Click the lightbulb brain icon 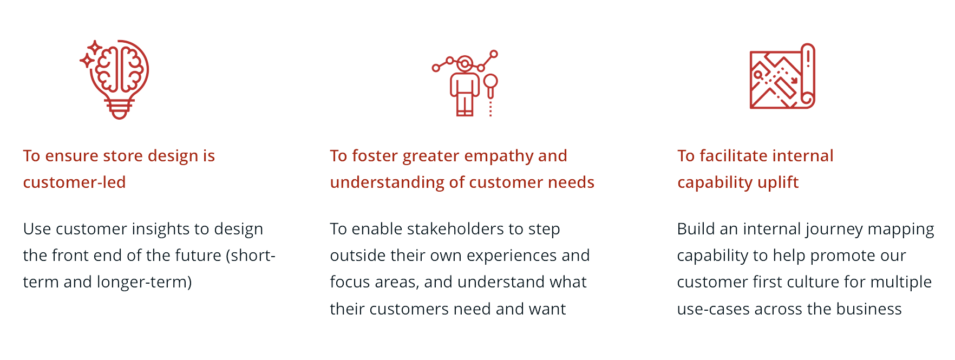click(x=115, y=79)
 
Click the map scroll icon click(x=782, y=76)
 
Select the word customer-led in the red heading click(x=74, y=182)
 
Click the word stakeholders click(x=455, y=229)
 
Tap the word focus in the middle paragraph click(x=347, y=283)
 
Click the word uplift click(x=778, y=183)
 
